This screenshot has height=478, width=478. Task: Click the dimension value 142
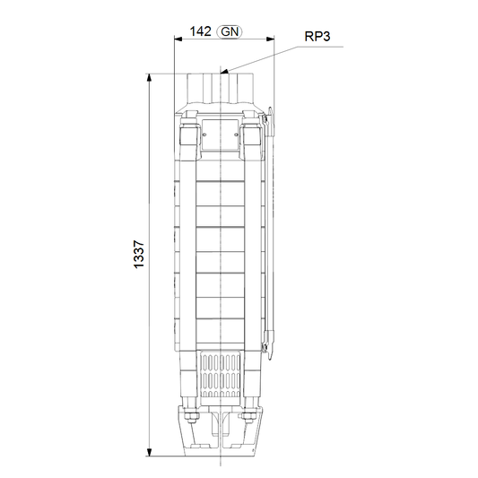(x=200, y=31)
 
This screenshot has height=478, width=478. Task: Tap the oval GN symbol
(x=230, y=31)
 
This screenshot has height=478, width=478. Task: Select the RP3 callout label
(x=317, y=37)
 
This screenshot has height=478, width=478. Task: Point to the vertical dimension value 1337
(x=139, y=255)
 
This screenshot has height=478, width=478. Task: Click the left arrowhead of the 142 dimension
(x=178, y=39)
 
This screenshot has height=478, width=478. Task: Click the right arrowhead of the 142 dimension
(x=270, y=39)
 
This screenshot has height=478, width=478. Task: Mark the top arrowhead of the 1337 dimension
(x=149, y=78)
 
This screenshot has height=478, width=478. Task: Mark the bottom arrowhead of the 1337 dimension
(x=149, y=452)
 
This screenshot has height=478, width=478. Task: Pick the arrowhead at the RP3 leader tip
(x=224, y=72)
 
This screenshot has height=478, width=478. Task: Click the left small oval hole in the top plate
(x=204, y=135)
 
